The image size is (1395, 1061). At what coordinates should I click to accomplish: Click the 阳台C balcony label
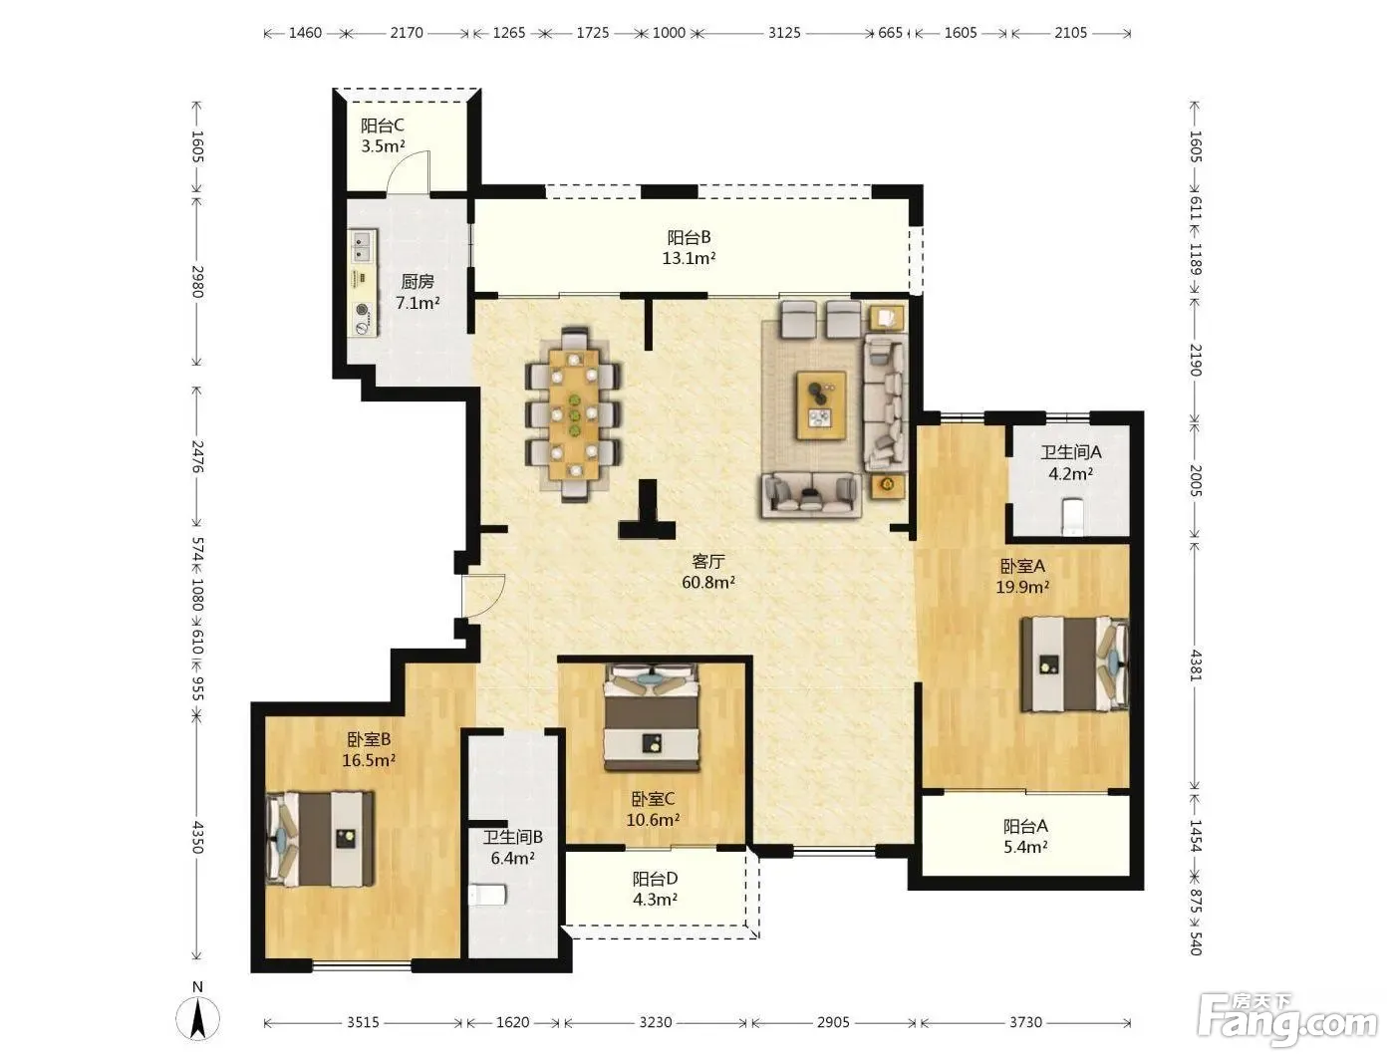pos(382,126)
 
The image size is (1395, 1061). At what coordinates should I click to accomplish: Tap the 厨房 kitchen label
pos(418,282)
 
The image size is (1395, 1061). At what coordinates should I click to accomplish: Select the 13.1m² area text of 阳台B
pos(689,259)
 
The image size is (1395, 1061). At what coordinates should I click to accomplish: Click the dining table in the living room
pos(574,414)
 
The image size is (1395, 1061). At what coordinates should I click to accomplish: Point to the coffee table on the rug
pos(821,405)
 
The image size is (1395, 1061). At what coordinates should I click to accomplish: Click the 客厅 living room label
pos(708,562)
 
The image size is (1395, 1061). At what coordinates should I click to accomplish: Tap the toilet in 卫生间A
pos(1071,516)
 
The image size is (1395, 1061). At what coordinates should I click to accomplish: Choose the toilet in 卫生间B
pos(487,895)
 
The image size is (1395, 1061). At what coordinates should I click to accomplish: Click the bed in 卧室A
pos(1075,664)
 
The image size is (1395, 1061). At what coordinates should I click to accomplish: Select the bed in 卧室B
pos(320,838)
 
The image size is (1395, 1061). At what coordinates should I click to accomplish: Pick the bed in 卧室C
pos(652,716)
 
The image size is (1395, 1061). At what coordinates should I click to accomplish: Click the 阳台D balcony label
pos(655,879)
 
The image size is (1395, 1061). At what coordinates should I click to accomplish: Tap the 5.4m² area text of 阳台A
pos(1025,847)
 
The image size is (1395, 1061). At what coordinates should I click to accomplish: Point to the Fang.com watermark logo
pos(1287,1020)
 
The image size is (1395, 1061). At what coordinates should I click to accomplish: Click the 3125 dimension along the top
pos(784,33)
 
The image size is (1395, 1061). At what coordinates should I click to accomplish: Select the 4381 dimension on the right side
pos(1195,665)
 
